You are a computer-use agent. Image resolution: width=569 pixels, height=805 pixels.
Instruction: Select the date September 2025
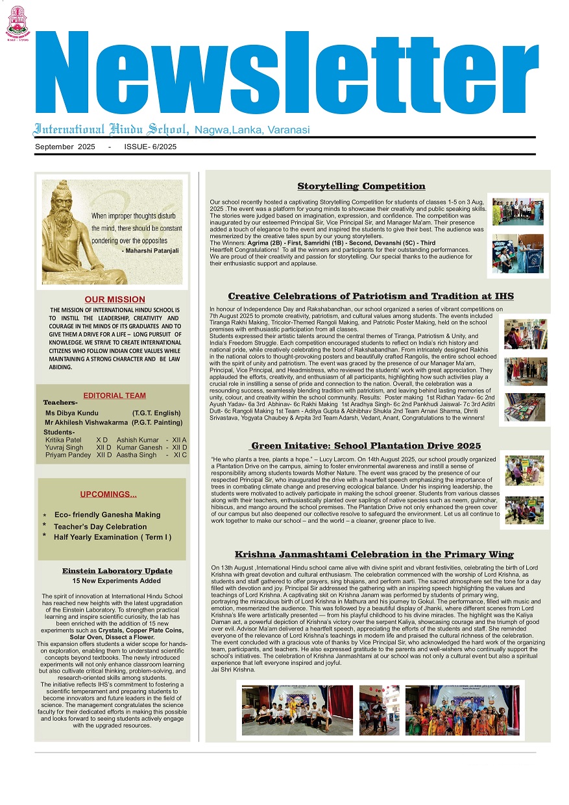click(x=65, y=147)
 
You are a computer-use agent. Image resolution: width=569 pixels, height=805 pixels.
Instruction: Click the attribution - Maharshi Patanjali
click(x=152, y=250)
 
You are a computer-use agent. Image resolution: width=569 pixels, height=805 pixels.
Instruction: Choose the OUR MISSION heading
click(x=115, y=300)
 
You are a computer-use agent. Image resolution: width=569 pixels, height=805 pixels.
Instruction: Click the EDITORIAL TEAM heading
click(x=115, y=396)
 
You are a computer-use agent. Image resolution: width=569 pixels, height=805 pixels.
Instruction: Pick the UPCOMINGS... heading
click(x=108, y=495)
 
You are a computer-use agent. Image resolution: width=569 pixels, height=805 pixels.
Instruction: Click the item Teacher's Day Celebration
click(x=100, y=527)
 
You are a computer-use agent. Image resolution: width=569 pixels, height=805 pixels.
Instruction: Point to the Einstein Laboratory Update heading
click(x=117, y=571)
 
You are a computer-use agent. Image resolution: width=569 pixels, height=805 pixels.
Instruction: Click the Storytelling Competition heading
click(x=361, y=187)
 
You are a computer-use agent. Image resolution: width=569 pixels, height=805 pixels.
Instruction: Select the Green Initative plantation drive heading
click(x=366, y=446)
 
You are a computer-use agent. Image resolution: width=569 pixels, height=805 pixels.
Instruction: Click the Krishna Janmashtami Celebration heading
click(x=374, y=555)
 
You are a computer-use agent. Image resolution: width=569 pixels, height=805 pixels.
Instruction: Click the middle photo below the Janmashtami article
click(x=380, y=710)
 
